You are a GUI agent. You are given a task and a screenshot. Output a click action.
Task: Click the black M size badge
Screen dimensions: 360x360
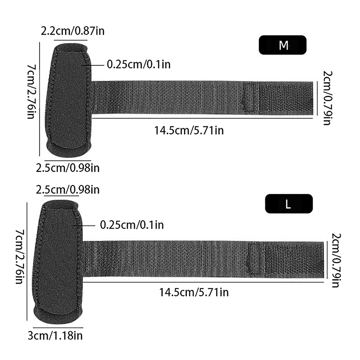283,45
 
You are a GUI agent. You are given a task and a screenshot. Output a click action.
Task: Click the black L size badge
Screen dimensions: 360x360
289,204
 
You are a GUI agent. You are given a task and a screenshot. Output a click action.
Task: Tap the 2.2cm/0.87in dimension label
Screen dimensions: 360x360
72,31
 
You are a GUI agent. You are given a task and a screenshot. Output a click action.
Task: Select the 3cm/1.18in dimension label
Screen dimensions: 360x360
55,336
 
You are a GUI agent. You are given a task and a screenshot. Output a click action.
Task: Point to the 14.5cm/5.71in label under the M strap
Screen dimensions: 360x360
189,130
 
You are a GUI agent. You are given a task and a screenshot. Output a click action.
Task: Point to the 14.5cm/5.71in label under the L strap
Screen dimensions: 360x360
194,292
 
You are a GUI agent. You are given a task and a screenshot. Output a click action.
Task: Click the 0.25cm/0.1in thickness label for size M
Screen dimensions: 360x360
139,64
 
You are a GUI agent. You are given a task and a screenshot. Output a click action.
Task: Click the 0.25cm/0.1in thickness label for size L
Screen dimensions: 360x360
132,225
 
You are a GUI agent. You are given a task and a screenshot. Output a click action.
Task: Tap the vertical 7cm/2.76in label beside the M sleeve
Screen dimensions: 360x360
31,91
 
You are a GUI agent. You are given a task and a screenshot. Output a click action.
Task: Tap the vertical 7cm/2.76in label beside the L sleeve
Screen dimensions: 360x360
20,256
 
